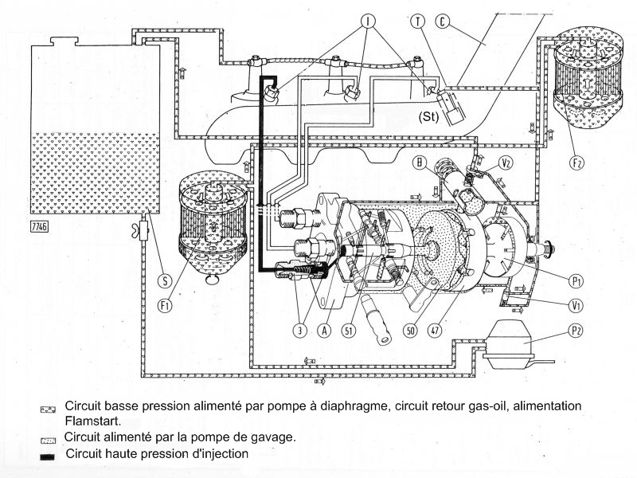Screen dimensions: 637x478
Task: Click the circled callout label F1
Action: click(165, 306)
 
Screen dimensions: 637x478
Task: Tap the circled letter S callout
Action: click(165, 280)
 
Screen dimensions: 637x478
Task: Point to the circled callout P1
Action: click(575, 281)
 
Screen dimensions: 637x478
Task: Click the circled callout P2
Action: click(575, 331)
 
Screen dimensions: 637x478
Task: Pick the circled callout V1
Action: click(575, 305)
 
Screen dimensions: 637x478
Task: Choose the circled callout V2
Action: click(506, 163)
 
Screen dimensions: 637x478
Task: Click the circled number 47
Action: click(435, 331)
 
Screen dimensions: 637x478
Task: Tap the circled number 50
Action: click(411, 331)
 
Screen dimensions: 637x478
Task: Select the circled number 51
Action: click(348, 331)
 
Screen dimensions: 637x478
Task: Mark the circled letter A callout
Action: click(324, 331)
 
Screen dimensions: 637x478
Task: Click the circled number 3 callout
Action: click(300, 331)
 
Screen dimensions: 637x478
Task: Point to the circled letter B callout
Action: click(420, 163)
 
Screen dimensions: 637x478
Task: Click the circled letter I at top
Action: click(368, 21)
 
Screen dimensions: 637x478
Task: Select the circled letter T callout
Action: click(417, 21)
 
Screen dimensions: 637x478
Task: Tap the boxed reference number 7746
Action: click(39, 226)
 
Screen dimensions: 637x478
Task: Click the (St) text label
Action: click(429, 117)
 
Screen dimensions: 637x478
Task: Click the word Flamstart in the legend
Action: click(92, 421)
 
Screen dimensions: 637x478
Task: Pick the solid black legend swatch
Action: click(48, 456)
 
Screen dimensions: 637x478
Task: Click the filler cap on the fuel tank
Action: click(64, 41)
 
